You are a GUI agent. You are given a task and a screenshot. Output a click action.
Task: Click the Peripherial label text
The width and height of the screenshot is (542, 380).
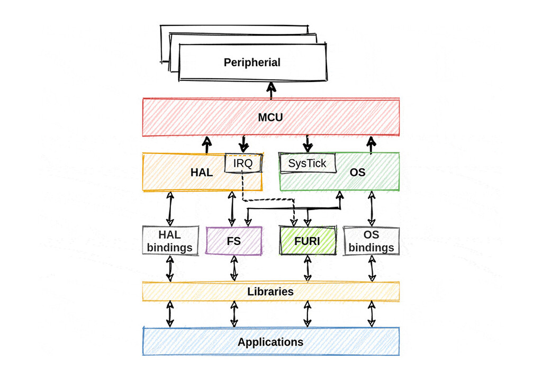tap(252, 62)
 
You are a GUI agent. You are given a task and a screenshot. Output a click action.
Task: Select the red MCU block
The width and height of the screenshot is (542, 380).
tap(270, 117)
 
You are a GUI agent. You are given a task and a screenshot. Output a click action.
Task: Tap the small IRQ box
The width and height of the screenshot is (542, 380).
tap(243, 164)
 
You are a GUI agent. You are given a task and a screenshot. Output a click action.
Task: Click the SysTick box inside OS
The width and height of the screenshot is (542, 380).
tap(308, 164)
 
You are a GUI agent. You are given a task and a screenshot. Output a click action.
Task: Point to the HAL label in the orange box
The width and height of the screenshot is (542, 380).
tap(201, 172)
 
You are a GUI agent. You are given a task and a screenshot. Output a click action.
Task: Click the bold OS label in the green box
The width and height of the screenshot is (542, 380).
tap(358, 172)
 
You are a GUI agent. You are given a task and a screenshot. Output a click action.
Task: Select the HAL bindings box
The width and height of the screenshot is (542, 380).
tap(170, 241)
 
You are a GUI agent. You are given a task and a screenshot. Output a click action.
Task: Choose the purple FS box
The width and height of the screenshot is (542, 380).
tap(233, 241)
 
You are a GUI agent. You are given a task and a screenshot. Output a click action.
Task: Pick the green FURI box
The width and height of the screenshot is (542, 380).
tap(307, 241)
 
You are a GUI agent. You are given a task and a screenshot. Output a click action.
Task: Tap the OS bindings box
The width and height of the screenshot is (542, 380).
tap(371, 241)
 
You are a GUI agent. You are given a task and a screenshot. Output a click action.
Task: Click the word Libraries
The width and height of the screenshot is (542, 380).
tap(270, 292)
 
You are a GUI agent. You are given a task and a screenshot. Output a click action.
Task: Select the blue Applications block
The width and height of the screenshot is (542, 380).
tap(270, 342)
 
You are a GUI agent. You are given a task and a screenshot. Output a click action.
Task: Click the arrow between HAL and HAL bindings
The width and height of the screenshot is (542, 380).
tap(170, 209)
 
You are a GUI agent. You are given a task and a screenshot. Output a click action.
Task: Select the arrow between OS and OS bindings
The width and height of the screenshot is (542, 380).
tap(371, 209)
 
